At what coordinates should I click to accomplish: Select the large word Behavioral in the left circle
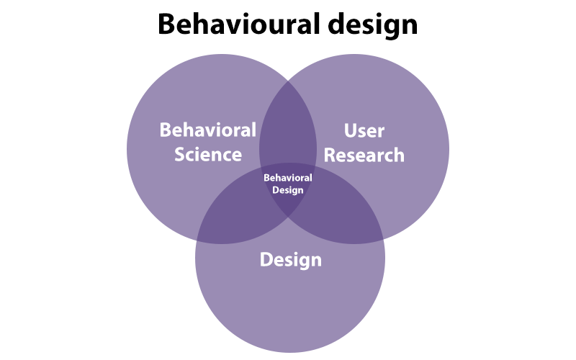click(207, 130)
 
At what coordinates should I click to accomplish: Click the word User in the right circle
click(364, 130)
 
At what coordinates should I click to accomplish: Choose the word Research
click(364, 154)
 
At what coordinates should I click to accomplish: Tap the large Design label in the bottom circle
click(290, 259)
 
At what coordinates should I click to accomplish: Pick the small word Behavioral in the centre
click(288, 177)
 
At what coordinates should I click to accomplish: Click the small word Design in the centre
click(288, 190)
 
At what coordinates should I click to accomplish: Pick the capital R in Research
click(331, 154)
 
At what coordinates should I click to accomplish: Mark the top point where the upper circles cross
click(288, 81)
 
